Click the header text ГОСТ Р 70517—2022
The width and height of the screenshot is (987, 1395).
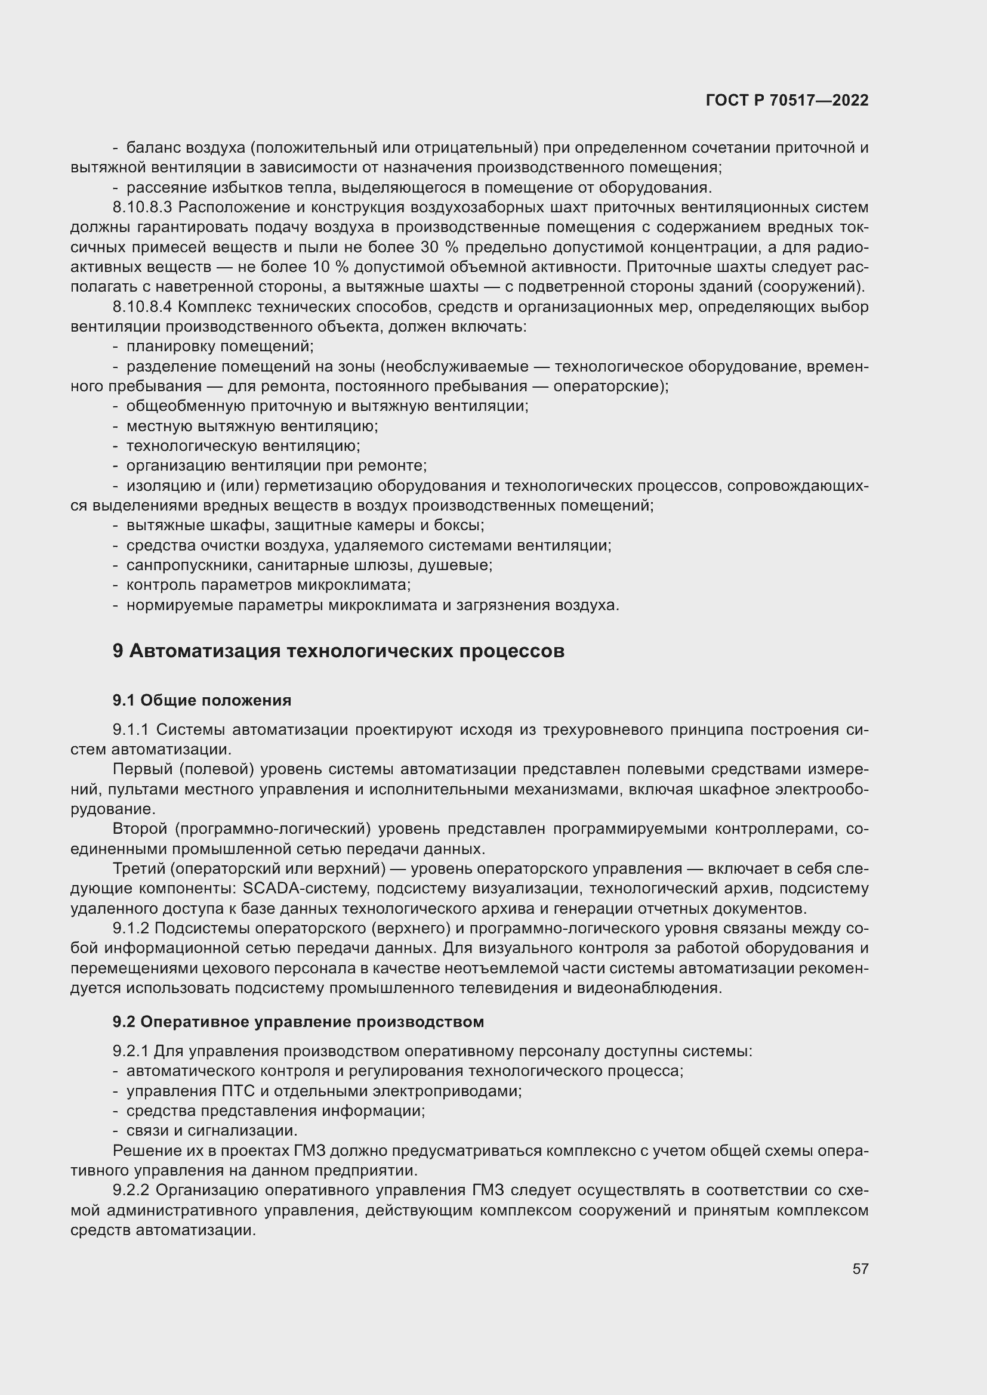click(787, 100)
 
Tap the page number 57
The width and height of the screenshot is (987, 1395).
click(860, 1269)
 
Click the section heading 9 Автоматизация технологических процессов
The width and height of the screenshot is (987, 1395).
click(338, 651)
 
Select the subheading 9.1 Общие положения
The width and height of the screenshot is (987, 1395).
click(202, 701)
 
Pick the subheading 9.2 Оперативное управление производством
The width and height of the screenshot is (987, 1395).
click(298, 1022)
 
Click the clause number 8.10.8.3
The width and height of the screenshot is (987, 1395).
click(142, 208)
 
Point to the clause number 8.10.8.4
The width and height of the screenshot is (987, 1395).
click(142, 307)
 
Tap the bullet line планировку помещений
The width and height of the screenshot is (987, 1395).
click(220, 347)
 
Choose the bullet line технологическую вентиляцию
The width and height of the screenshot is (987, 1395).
click(243, 446)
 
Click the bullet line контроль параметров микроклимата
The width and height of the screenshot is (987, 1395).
click(268, 585)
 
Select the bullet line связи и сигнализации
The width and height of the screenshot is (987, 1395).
click(211, 1131)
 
